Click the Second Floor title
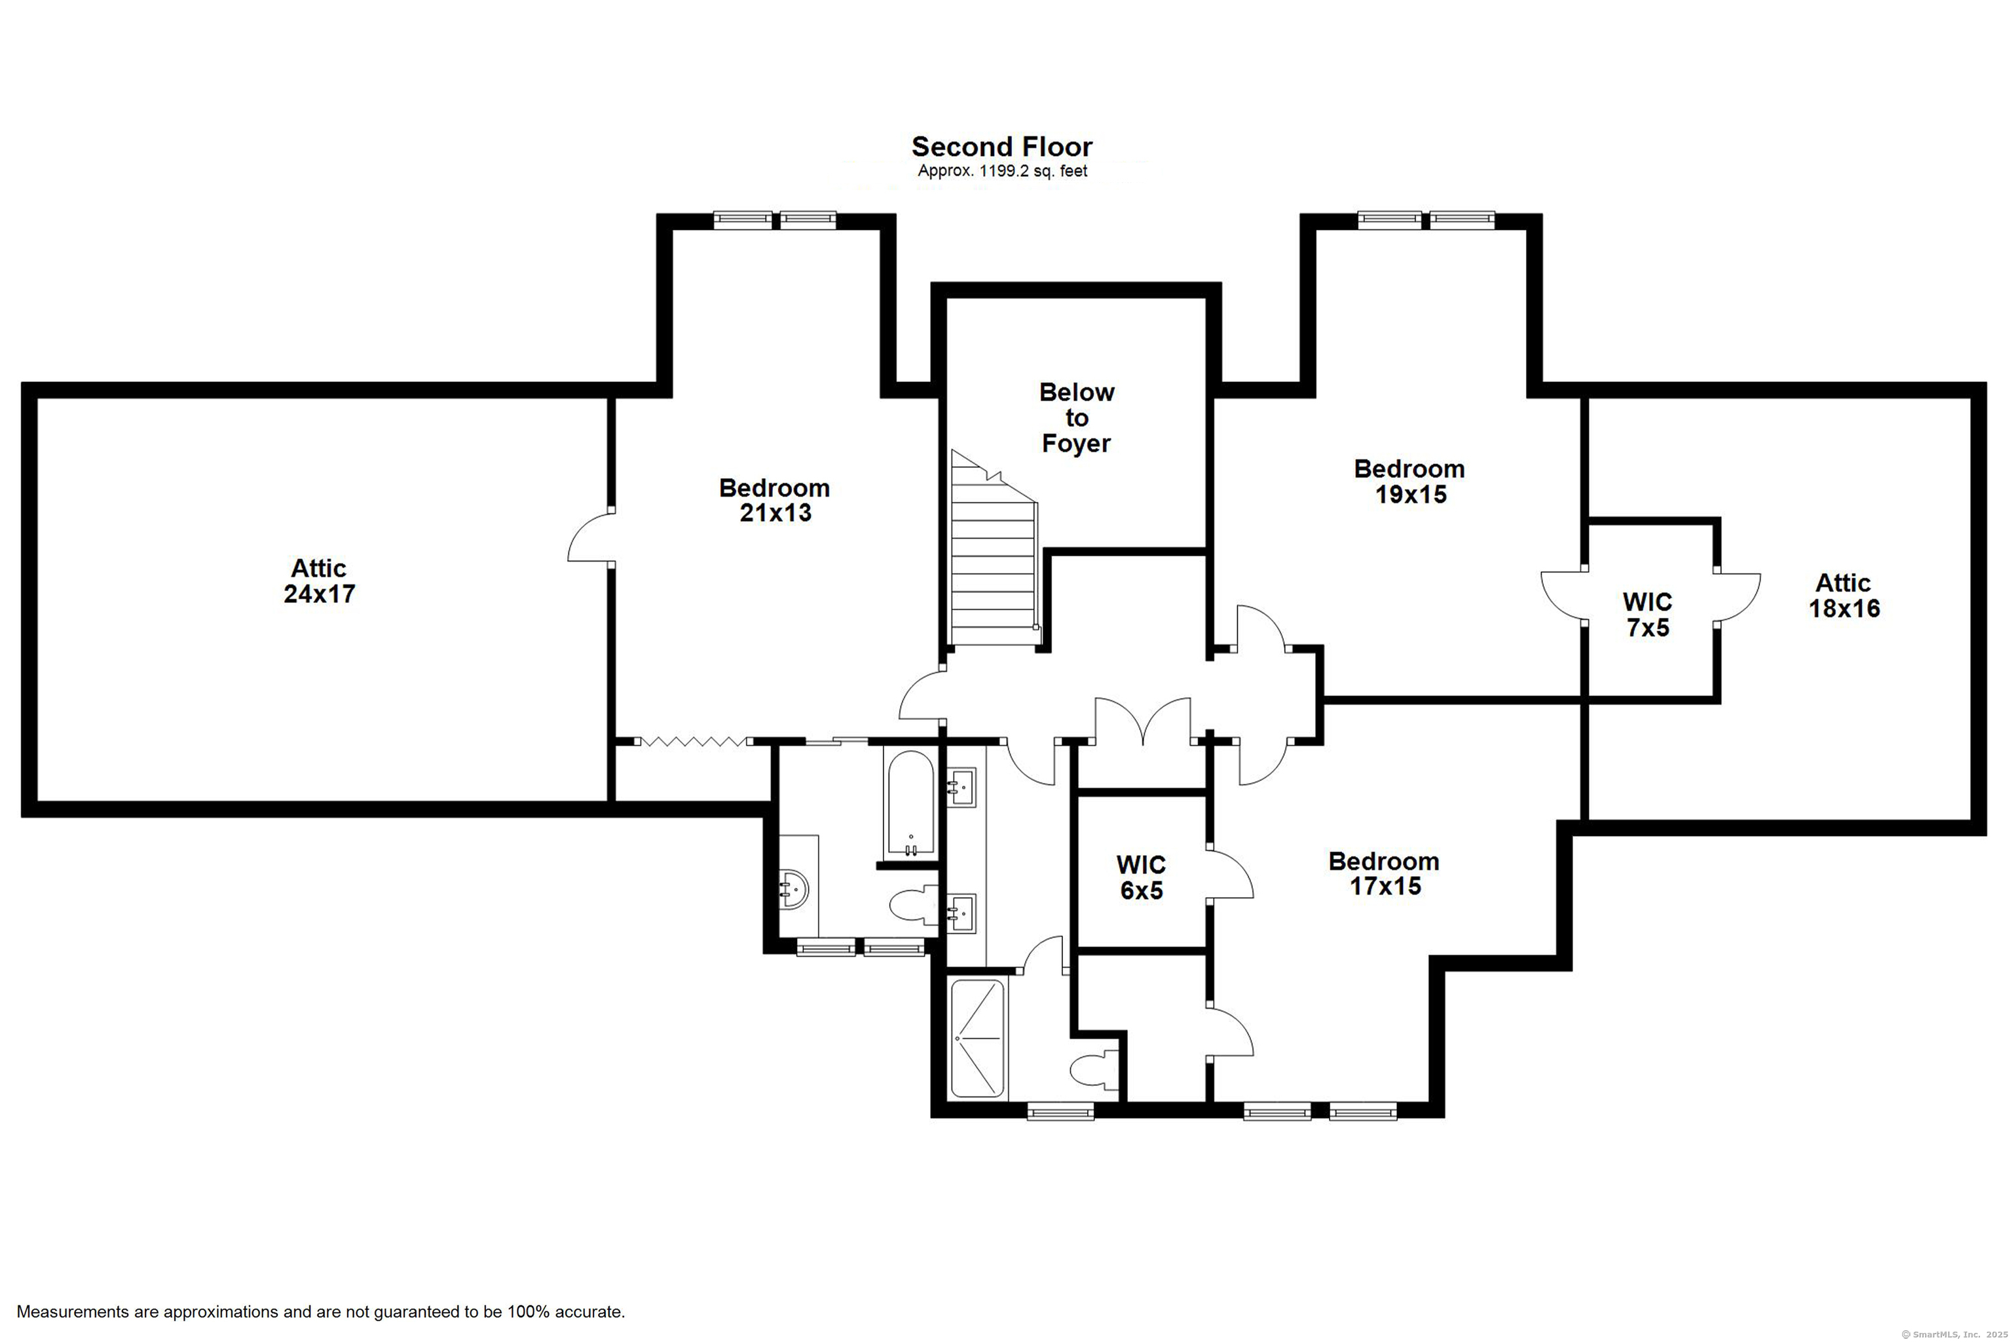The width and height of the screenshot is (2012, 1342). tap(1001, 146)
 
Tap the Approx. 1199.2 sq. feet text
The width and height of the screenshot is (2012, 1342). tap(1003, 171)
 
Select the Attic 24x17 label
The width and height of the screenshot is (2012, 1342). tap(319, 581)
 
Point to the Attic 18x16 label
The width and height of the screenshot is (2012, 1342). tap(1844, 596)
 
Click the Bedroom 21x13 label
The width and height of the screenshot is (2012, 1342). tap(774, 501)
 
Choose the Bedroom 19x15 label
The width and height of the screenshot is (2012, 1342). tap(1409, 482)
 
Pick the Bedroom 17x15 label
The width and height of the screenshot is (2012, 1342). tap(1384, 874)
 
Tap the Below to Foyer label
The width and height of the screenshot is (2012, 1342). tap(1076, 417)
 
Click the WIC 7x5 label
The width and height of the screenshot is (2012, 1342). tap(1648, 615)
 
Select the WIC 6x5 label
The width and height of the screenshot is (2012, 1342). tap(1141, 877)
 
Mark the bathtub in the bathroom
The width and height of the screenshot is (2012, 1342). tap(910, 803)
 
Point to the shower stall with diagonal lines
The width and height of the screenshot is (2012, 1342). tap(977, 1038)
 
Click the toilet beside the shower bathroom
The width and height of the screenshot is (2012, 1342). tap(1095, 1071)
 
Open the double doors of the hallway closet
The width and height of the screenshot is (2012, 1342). tap(1143, 719)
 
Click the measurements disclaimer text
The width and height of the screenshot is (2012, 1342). tap(321, 1311)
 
